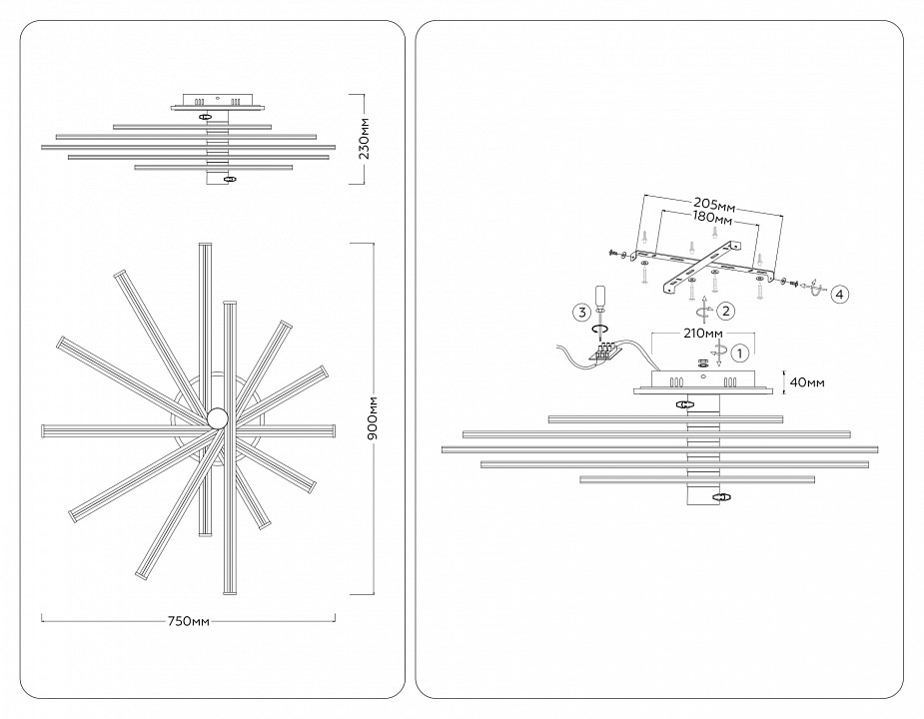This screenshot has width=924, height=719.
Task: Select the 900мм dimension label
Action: [373, 419]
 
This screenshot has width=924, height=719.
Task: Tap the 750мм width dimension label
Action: [188, 620]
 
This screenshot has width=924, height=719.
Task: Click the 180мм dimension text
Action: [712, 219]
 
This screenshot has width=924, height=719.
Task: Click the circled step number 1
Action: [739, 352]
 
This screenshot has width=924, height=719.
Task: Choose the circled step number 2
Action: [727, 311]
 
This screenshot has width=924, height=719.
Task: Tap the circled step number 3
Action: [579, 313]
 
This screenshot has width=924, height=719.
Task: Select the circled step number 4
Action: [840, 294]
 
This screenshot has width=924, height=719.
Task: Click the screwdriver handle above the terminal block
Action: [601, 297]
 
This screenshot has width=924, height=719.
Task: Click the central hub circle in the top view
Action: [217, 417]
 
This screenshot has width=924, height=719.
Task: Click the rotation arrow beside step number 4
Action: [814, 292]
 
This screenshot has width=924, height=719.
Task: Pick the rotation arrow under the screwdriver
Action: [601, 329]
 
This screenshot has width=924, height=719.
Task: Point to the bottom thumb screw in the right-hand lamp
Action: [719, 495]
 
